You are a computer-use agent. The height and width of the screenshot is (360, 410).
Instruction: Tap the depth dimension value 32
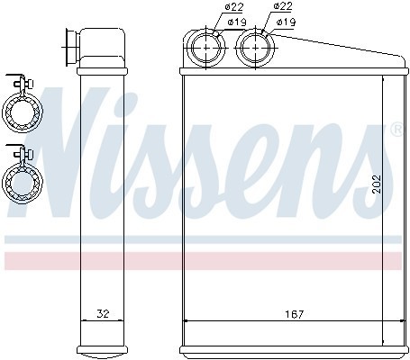[x=102, y=315]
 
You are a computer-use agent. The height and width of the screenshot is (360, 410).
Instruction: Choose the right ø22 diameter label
[x=281, y=8]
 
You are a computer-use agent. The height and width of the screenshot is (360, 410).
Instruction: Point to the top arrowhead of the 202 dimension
[x=385, y=80]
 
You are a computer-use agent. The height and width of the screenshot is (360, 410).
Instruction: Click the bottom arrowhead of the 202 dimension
[x=385, y=341]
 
